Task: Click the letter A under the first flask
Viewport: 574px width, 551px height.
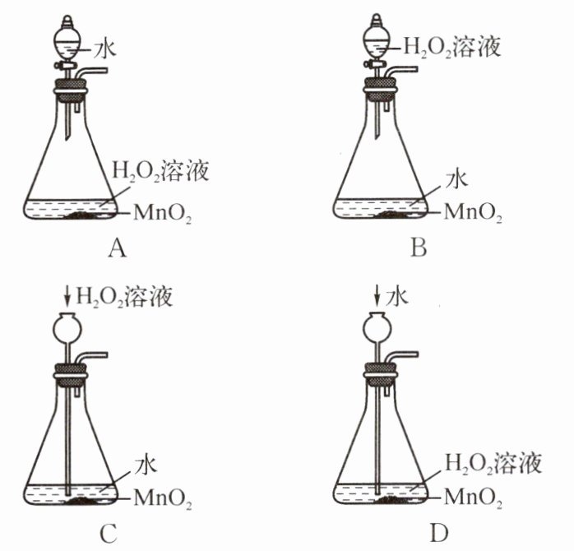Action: point(116,246)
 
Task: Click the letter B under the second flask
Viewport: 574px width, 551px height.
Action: point(419,246)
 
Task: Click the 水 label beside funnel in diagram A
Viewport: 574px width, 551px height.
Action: point(105,49)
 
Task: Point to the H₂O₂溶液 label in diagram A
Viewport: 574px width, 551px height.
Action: point(160,173)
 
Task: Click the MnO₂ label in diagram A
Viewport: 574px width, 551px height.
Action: point(160,215)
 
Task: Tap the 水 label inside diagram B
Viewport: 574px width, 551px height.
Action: point(456,178)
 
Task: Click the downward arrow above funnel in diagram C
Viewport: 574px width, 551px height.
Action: point(67,295)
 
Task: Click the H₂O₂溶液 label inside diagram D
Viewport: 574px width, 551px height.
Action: point(493,465)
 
